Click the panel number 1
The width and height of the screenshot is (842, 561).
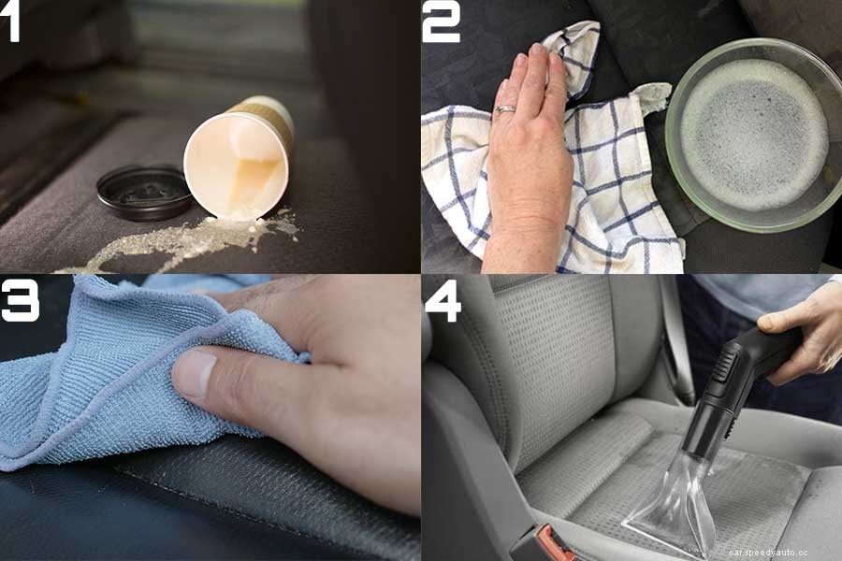[x=11, y=22]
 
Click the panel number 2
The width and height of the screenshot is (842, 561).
[x=441, y=22]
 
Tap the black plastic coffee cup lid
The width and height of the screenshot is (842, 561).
[x=144, y=192]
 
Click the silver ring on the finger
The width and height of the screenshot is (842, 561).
[x=505, y=110]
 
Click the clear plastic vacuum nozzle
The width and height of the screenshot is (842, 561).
[x=674, y=505]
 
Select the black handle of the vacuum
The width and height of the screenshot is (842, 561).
[x=748, y=369]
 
